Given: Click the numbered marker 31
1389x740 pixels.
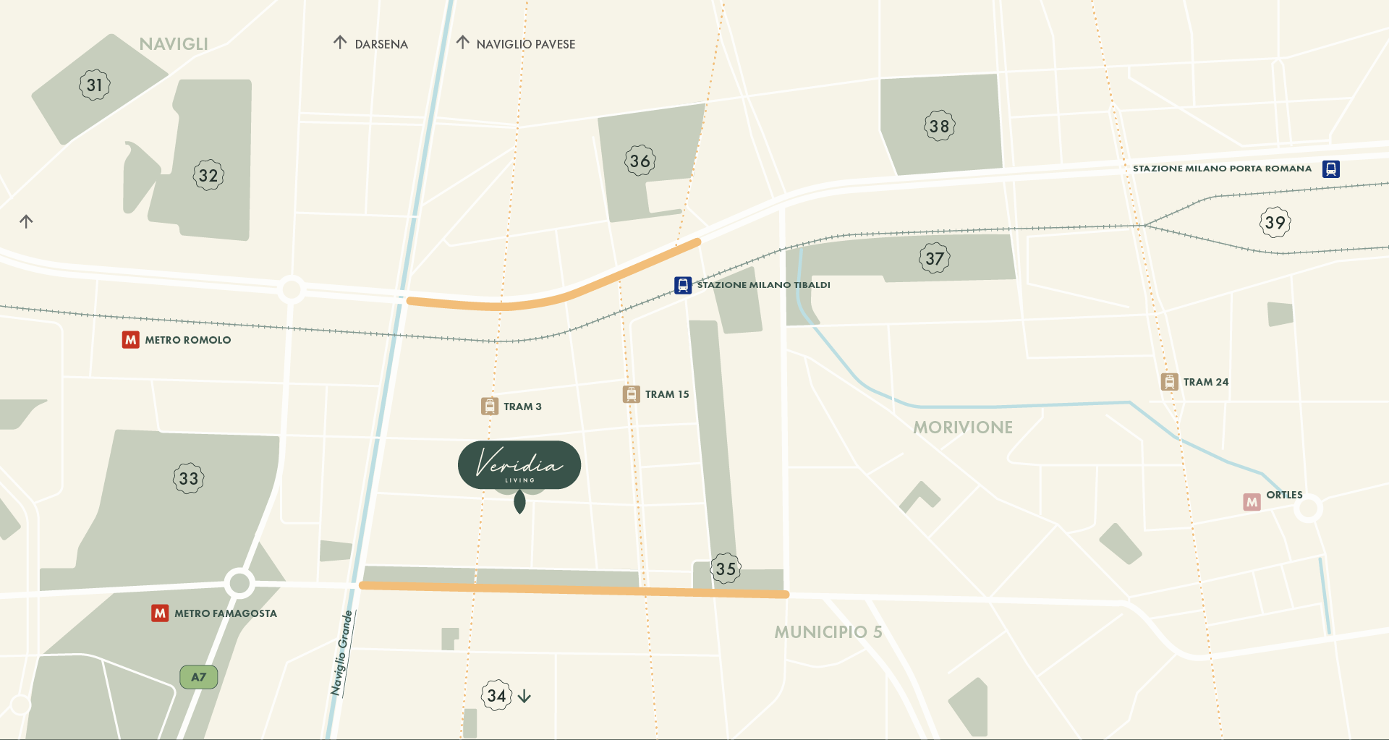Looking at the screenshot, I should [95, 85].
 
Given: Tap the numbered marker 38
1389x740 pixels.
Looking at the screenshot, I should [939, 127].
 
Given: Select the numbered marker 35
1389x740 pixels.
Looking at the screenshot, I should [726, 569].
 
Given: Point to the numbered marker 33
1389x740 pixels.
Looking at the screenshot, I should [189, 479].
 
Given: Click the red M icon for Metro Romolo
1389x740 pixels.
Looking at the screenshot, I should [130, 340].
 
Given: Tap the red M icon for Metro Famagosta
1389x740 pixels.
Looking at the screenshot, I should [160, 613].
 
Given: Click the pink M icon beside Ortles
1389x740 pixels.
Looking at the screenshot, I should [1252, 502].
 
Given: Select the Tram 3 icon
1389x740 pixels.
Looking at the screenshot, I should [490, 407].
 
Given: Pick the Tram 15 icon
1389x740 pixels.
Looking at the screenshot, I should [632, 394].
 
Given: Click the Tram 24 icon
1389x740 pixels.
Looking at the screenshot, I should [1169, 382].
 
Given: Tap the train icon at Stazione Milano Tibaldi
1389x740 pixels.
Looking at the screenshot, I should [683, 285].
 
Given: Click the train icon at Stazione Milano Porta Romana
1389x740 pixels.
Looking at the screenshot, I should [1330, 169].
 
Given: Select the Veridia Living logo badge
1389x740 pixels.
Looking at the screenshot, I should [519, 465].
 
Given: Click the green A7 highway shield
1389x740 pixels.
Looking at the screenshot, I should [198, 677].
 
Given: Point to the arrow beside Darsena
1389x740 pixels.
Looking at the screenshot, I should [340, 43].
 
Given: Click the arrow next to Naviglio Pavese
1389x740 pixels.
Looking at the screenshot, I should [463, 43].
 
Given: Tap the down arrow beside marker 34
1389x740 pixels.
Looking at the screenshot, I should [524, 697].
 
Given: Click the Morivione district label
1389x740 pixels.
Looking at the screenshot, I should [962, 428].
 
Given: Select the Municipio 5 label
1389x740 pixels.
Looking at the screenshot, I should [828, 632].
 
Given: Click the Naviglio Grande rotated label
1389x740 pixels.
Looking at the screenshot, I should [341, 653].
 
